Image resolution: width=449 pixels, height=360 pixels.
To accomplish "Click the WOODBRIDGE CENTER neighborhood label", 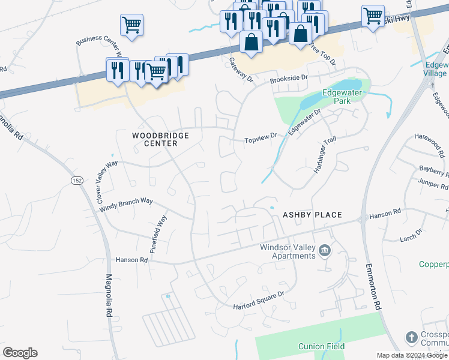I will point(160,139).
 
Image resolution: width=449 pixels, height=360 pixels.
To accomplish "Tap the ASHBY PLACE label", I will point(312,215).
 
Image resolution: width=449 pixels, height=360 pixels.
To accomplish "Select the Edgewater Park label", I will point(344,97).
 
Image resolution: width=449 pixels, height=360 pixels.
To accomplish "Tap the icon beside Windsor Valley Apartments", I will point(325,251).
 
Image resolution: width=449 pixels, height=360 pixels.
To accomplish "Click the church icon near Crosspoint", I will point(412,338).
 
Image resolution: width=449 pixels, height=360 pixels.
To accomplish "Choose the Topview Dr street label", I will point(261,139).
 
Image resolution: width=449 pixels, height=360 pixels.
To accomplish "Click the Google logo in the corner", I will point(20,353).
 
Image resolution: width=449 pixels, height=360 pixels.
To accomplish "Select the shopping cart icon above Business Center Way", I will point(131,25).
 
